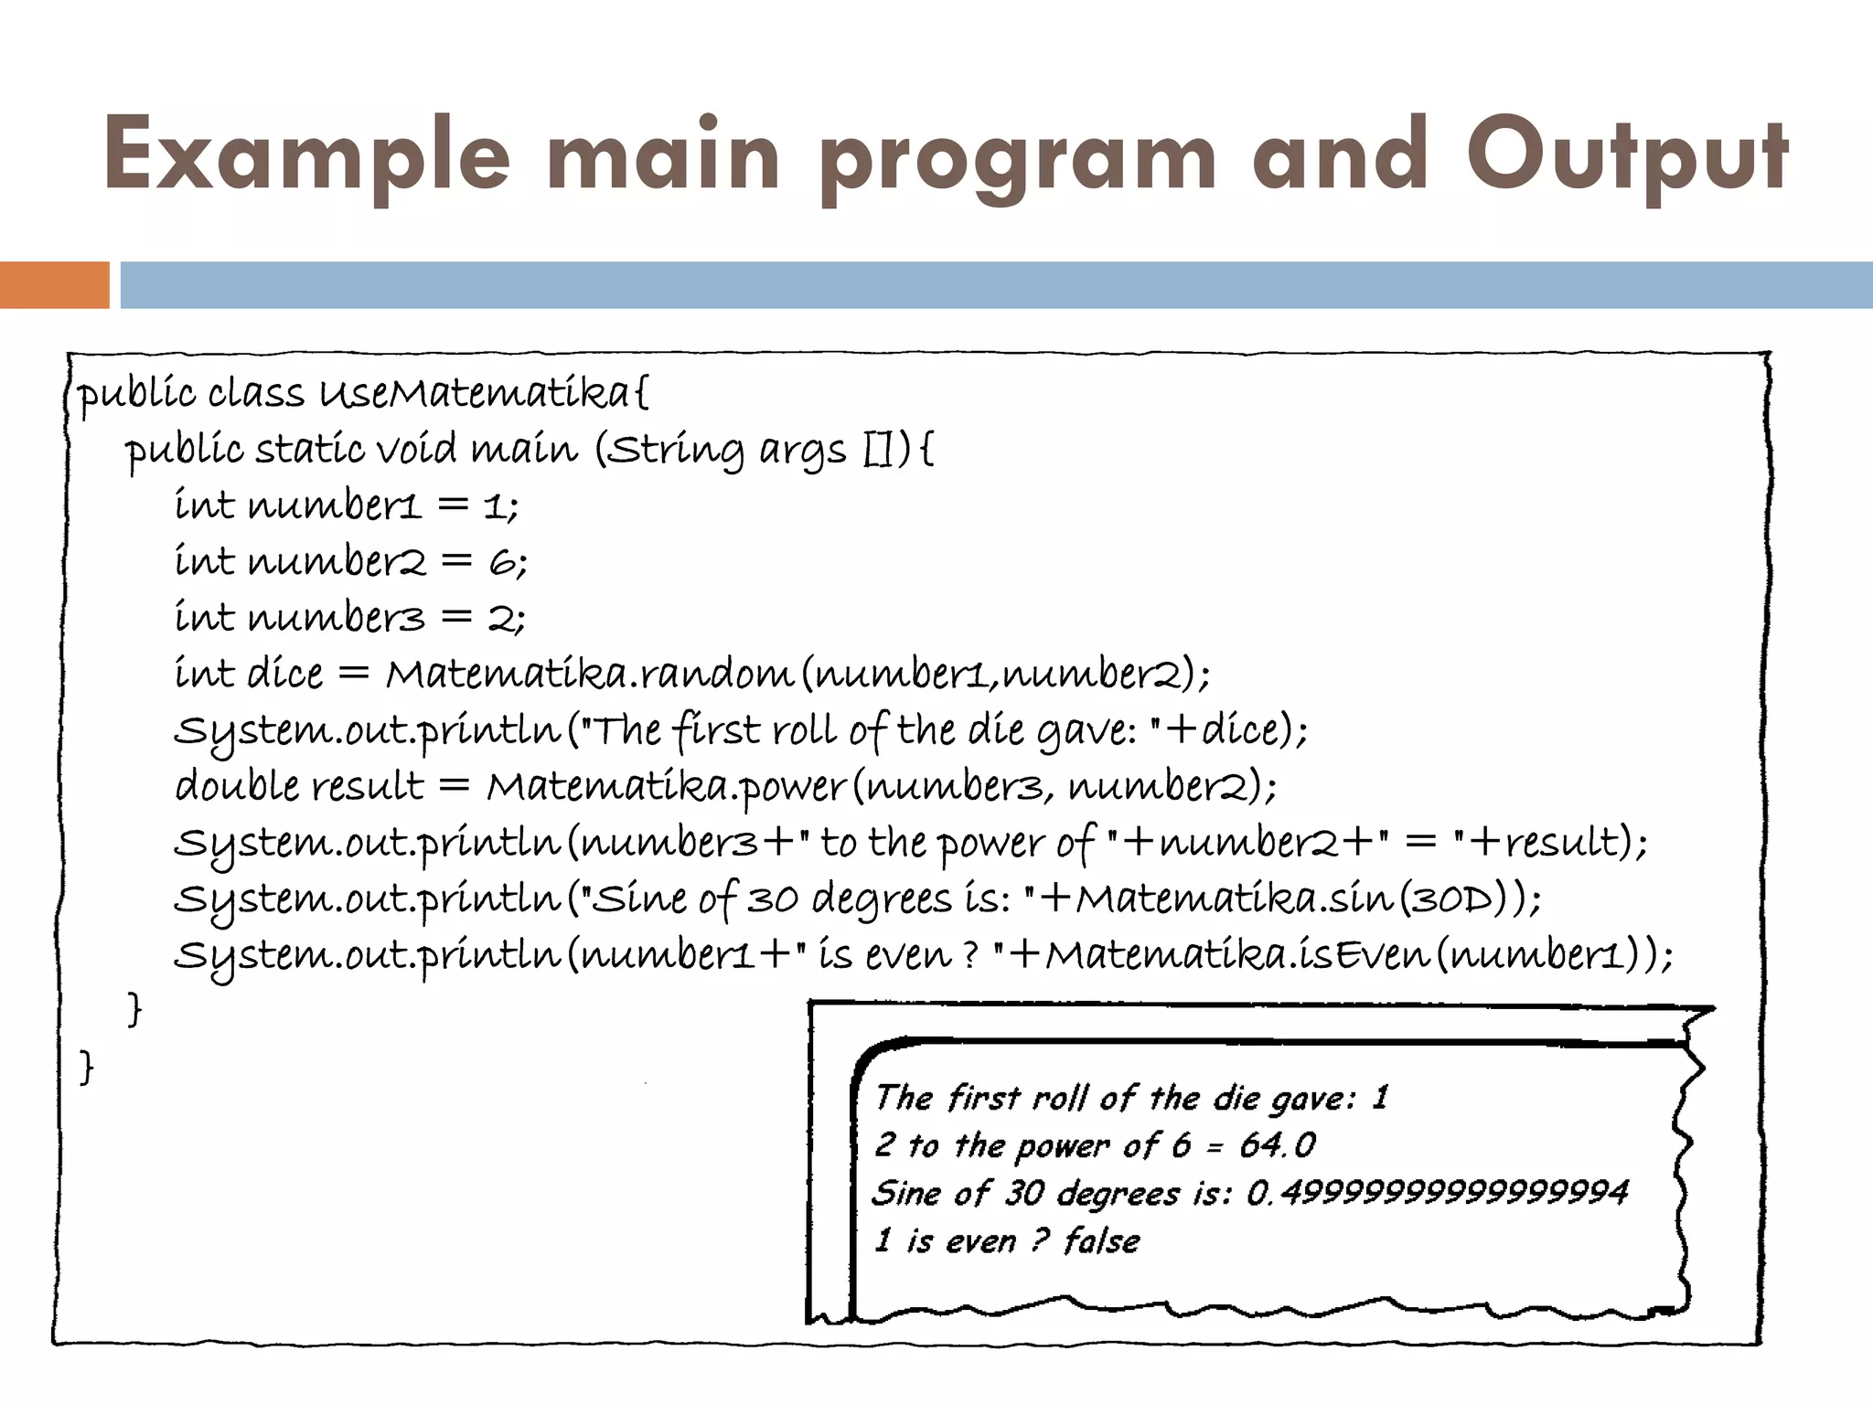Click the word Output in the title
tap(1627, 155)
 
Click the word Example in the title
tap(306, 155)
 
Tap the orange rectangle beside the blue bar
tap(54, 284)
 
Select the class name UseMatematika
tap(474, 393)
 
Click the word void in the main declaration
tap(416, 449)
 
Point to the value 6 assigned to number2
tap(502, 562)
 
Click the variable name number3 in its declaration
tap(336, 618)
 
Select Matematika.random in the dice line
tap(589, 675)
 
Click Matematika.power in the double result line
tap(666, 787)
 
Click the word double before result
tap(236, 787)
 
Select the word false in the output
tap(1101, 1240)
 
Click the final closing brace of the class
tap(86, 1067)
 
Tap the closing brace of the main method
tap(134, 1010)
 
